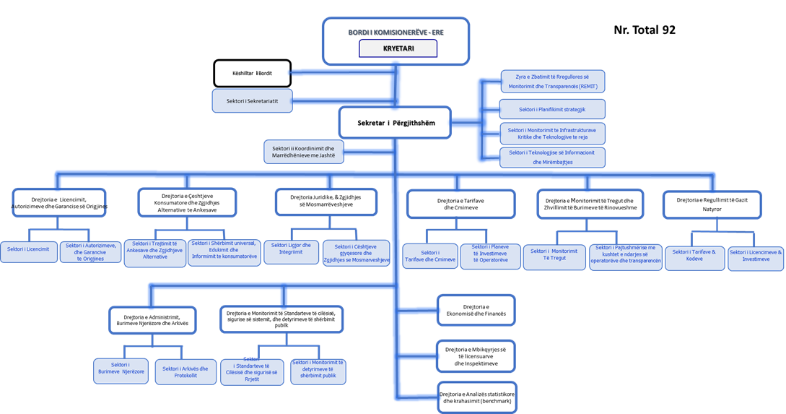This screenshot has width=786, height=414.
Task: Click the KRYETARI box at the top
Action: [398, 48]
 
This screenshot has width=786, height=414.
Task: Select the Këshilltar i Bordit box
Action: [253, 73]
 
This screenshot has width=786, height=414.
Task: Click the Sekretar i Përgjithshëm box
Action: [396, 124]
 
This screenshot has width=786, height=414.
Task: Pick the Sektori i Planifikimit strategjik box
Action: [552, 109]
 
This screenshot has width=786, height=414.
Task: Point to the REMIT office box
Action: [552, 81]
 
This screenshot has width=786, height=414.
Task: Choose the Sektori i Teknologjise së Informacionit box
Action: [552, 158]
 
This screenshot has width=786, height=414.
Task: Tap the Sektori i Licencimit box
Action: [27, 249]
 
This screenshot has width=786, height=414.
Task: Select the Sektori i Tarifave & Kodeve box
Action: [694, 255]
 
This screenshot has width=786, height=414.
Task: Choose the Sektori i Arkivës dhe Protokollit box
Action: [185, 371]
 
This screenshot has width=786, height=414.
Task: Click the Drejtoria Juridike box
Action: [326, 202]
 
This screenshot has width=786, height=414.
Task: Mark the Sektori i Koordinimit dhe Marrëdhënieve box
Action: [303, 151]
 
